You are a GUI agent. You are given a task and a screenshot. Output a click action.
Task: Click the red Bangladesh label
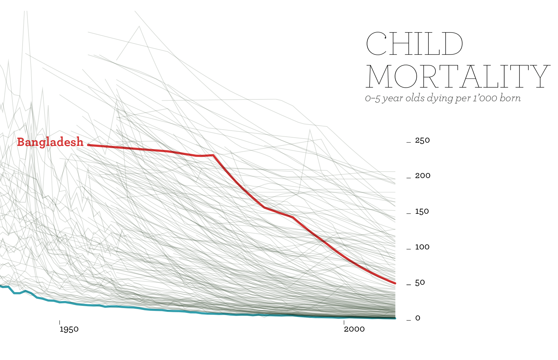pyautogui.click(x=50, y=142)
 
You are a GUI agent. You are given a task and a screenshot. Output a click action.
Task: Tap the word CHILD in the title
pyautogui.click(x=414, y=44)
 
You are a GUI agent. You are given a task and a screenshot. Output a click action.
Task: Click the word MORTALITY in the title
pyautogui.click(x=458, y=76)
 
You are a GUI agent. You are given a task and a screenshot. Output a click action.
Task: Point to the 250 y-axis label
pyautogui.click(x=422, y=140)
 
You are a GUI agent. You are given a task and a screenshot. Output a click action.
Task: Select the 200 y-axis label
pyautogui.click(x=423, y=176)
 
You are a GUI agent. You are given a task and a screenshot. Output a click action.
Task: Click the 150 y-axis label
pyautogui.click(x=422, y=212)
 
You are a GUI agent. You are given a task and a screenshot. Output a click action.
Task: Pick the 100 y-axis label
pyautogui.click(x=422, y=247)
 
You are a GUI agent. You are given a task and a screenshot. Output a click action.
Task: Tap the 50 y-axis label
pyautogui.click(x=420, y=283)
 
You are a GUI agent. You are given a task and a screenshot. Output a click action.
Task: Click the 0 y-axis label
pyautogui.click(x=418, y=318)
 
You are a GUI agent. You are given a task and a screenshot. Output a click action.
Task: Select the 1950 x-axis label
pyautogui.click(x=69, y=329)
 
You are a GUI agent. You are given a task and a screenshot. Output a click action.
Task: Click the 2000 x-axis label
pyautogui.click(x=354, y=329)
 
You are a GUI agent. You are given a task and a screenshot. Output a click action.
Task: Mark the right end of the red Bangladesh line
pyautogui.click(x=395, y=283)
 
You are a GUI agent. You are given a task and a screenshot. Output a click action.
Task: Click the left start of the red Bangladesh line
pyautogui.click(x=88, y=145)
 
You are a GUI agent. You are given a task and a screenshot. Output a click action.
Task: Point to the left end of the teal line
pyautogui.click(x=1, y=286)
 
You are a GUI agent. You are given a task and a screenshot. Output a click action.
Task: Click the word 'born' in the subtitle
pyautogui.click(x=510, y=98)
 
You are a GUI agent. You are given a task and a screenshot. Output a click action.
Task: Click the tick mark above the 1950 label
pyautogui.click(x=60, y=322)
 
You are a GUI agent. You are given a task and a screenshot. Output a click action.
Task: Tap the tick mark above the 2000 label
pyautogui.click(x=344, y=322)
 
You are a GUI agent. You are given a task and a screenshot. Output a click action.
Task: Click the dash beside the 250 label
pyautogui.click(x=409, y=142)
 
